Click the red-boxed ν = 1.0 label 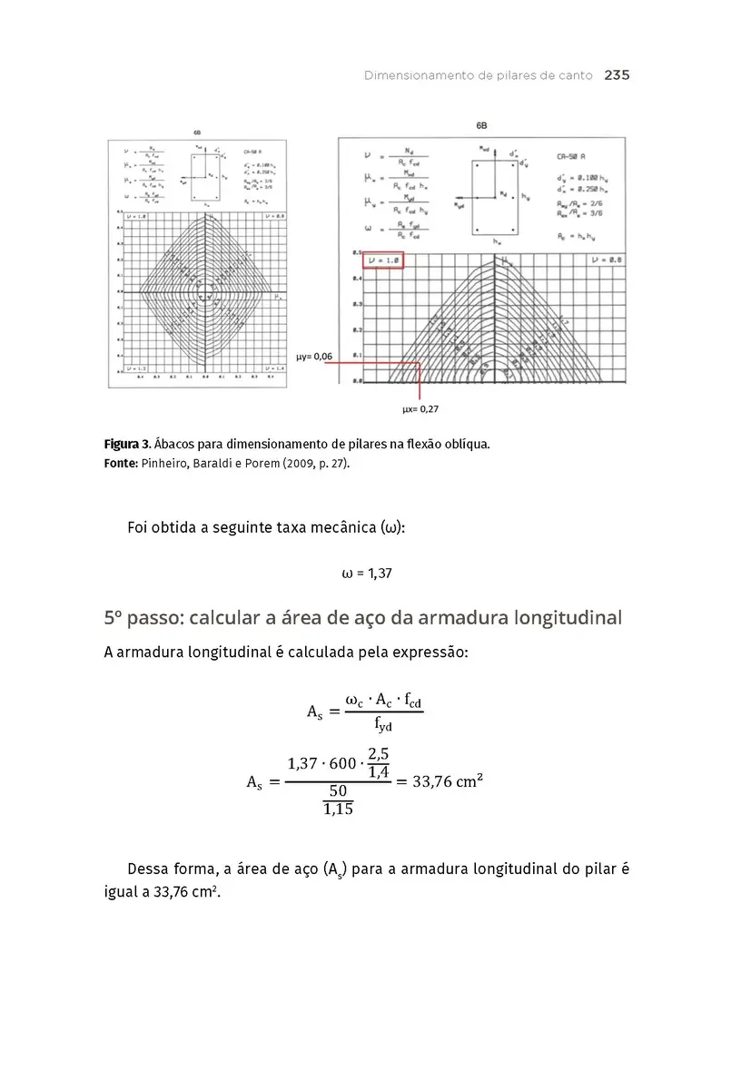click(382, 261)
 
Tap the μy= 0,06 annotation click(315, 357)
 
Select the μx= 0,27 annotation click(420, 409)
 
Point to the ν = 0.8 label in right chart click(606, 260)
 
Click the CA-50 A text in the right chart click(572, 157)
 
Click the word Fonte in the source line click(121, 464)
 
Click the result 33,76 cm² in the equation click(447, 781)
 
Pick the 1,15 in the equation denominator click(337, 809)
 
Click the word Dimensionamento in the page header click(418, 75)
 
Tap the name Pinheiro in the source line click(167, 464)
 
